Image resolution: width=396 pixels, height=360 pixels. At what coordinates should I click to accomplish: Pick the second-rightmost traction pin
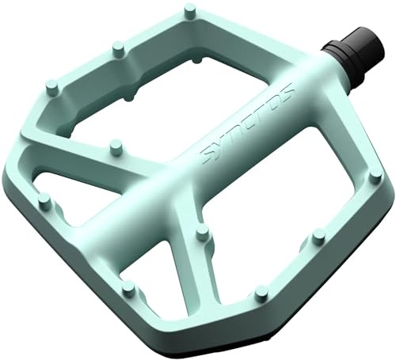[319, 236]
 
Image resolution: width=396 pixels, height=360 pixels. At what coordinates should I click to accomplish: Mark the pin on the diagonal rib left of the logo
[116, 146]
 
